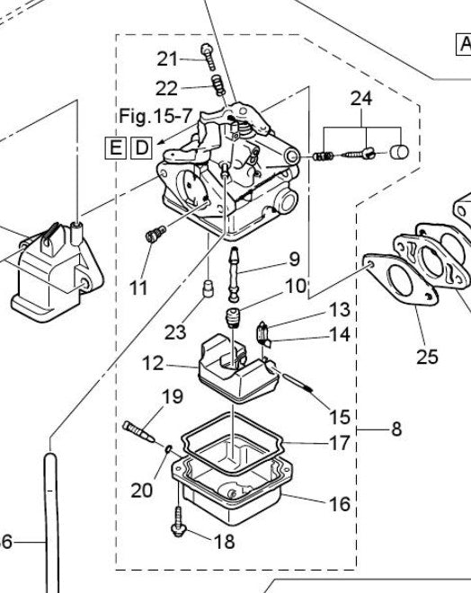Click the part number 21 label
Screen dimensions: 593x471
click(x=168, y=59)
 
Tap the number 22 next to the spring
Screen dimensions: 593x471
click(x=166, y=88)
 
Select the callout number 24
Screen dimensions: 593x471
click(x=360, y=97)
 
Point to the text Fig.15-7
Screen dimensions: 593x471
click(x=156, y=117)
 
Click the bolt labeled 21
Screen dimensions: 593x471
click(x=208, y=56)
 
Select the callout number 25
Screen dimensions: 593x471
click(x=427, y=357)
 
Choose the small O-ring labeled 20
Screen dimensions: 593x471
click(x=167, y=447)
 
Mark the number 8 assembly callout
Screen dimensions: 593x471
click(x=396, y=429)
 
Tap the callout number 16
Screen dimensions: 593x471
click(x=339, y=504)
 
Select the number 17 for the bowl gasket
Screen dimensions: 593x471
click(x=339, y=443)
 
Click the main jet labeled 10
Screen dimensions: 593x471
click(x=235, y=319)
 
